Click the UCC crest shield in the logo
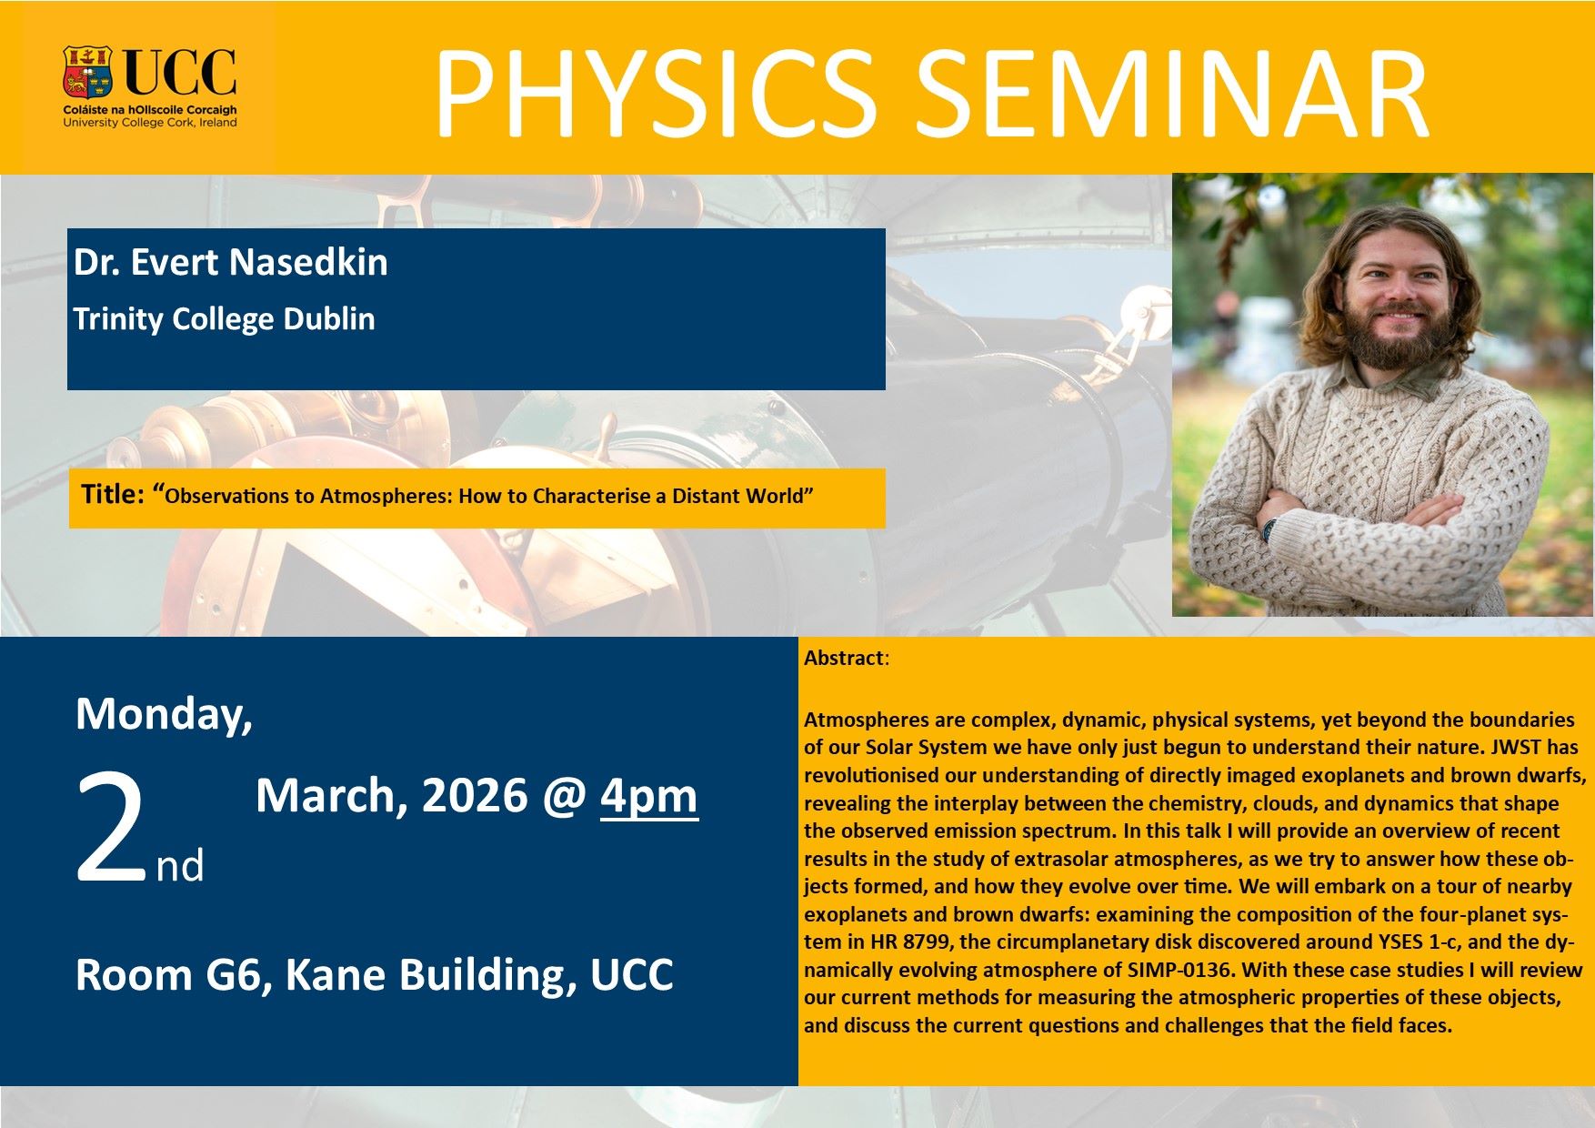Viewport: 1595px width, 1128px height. tap(87, 72)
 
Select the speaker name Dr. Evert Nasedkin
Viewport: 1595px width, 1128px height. tap(231, 262)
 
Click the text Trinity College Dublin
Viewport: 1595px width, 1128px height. tap(224, 319)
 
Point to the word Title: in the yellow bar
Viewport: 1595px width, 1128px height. tap(113, 494)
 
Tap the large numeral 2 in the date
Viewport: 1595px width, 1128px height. tap(111, 829)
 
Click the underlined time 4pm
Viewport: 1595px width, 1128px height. tap(649, 797)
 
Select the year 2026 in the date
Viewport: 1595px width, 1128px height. tap(475, 796)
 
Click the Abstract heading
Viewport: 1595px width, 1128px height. tap(844, 658)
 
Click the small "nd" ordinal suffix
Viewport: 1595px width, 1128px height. tap(180, 865)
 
